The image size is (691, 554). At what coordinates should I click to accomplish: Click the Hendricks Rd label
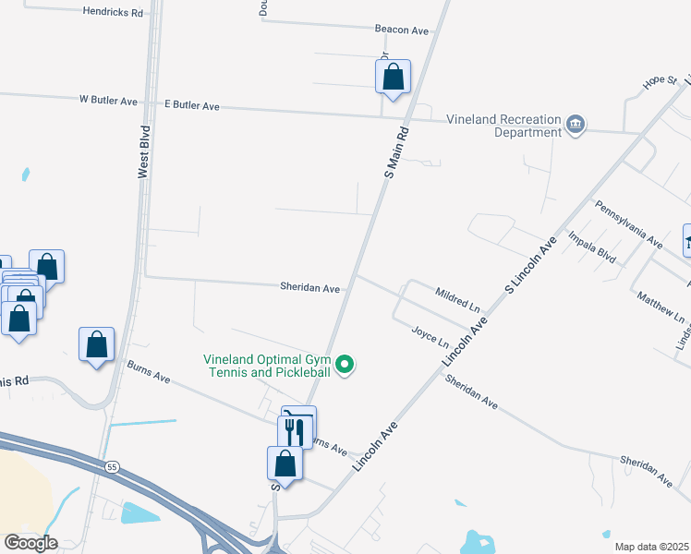tap(113, 13)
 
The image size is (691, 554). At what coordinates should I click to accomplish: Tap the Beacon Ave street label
tap(402, 30)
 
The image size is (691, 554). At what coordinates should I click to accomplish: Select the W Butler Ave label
tap(108, 100)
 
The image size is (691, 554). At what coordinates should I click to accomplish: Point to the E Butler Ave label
tap(191, 106)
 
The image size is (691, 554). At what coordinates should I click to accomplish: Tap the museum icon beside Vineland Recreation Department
tap(576, 124)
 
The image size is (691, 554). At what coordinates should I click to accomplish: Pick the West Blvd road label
tap(143, 151)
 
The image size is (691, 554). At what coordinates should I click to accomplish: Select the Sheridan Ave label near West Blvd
tap(310, 288)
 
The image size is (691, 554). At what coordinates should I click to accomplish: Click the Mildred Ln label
tap(457, 298)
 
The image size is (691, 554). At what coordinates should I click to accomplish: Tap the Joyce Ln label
tap(430, 331)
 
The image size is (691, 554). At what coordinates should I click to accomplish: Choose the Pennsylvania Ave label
tap(628, 224)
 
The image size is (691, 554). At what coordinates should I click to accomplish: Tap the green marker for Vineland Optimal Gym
tap(345, 366)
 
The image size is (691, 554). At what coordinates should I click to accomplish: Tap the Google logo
tap(30, 543)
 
